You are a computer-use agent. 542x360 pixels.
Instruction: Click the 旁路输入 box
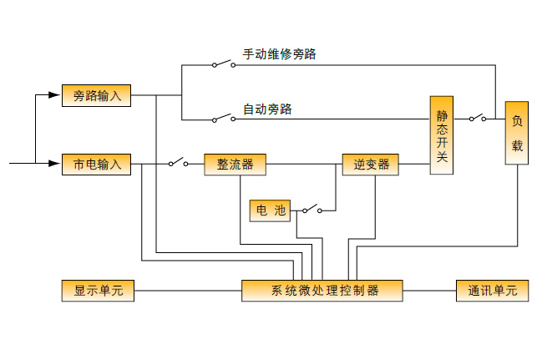click(x=97, y=95)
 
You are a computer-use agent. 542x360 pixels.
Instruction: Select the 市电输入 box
click(x=97, y=164)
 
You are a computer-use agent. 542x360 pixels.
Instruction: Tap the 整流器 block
click(x=235, y=164)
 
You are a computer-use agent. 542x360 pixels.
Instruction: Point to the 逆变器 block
click(x=371, y=164)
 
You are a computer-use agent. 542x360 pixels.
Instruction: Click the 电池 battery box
click(x=269, y=210)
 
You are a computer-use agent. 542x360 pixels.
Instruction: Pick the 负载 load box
click(x=516, y=134)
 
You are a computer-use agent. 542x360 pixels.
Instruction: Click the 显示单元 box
click(x=98, y=291)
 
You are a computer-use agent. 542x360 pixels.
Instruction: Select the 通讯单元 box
click(x=492, y=291)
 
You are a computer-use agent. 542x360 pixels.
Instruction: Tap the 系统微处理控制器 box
click(x=322, y=291)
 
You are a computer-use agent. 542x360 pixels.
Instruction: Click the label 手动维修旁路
click(x=279, y=54)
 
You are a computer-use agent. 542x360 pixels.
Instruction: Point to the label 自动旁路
click(x=267, y=109)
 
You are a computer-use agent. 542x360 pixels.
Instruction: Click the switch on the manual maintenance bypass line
click(x=222, y=63)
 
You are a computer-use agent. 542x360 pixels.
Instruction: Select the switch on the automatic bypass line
click(x=222, y=119)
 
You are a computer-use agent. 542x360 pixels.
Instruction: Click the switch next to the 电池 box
click(x=310, y=210)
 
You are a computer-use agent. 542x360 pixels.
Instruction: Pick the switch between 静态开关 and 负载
click(x=478, y=119)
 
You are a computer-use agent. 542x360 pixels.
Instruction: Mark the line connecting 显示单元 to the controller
click(x=188, y=291)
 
